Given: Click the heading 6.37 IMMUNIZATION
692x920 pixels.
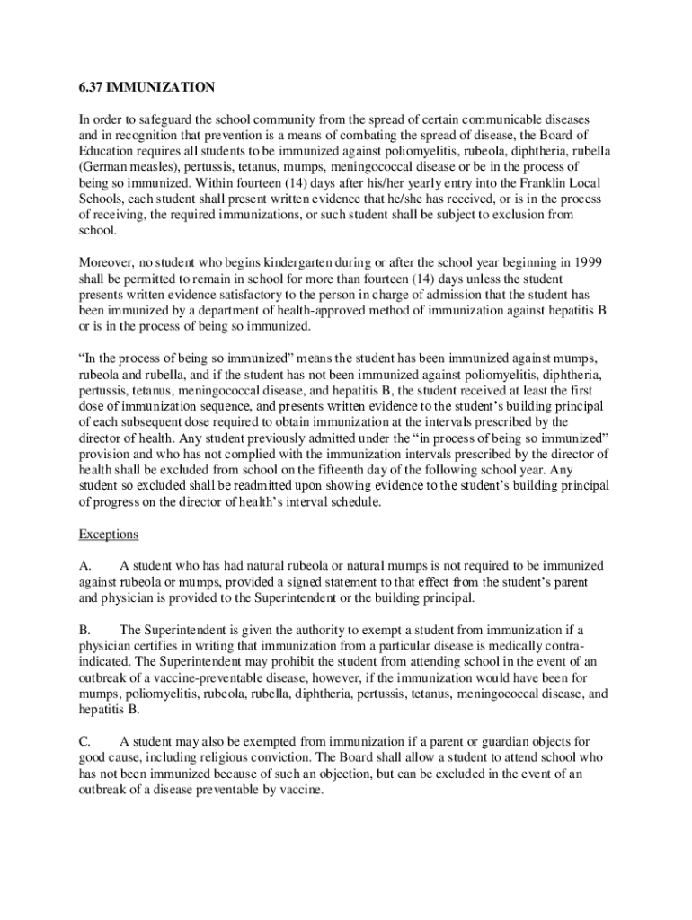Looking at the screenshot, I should coord(146,87).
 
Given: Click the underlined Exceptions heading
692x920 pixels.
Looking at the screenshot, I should coord(108,535).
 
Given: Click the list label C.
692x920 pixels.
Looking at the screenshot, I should coord(84,741).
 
